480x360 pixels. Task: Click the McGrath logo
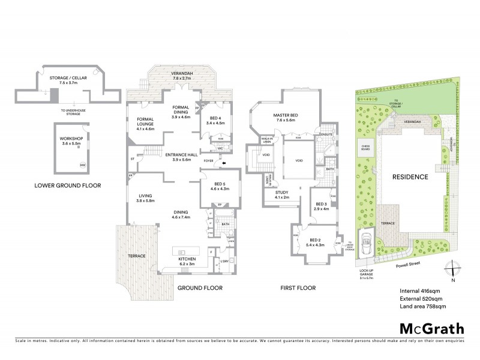431,328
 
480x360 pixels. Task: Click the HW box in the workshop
82,166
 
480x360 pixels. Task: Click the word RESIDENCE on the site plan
410,178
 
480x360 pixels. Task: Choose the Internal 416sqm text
421,291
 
